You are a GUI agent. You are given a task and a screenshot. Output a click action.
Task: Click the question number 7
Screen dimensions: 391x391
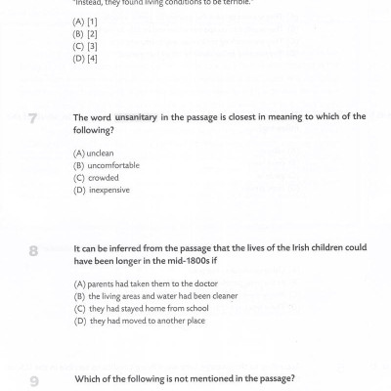coord(33,120)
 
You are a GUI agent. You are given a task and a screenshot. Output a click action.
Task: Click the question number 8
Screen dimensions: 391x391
coord(33,251)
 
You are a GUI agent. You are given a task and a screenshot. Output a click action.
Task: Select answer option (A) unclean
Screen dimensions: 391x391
coord(94,153)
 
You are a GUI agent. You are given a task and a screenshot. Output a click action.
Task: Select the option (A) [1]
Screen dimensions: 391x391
coord(85,21)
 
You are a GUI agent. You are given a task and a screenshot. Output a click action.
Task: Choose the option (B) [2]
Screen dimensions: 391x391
coord(85,33)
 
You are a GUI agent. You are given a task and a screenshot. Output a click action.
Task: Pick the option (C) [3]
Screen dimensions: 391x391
coord(85,46)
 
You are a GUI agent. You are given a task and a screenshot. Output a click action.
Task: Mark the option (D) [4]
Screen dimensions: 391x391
coord(85,59)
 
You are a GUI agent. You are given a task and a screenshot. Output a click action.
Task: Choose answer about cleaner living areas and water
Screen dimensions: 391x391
coord(155,295)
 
